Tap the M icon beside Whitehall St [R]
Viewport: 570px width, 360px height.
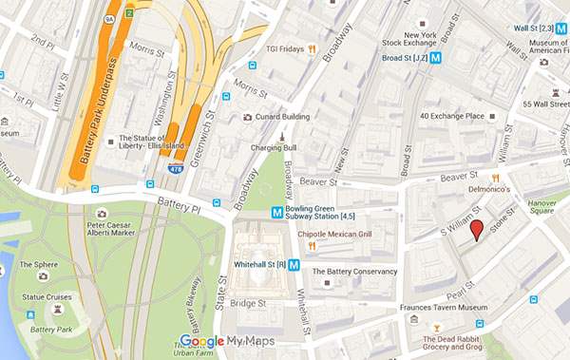294,265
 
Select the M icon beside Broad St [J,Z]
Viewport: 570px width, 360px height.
435,57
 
